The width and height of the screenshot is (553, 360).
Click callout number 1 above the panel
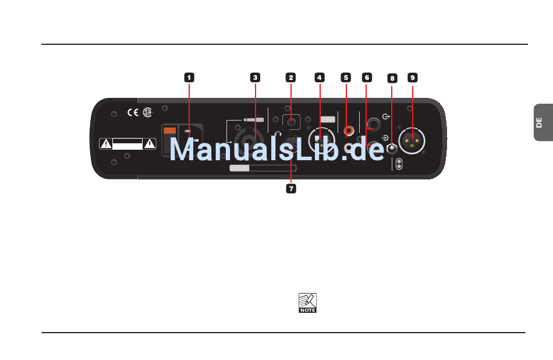pyautogui.click(x=189, y=77)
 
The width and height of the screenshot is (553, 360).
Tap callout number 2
pyautogui.click(x=290, y=77)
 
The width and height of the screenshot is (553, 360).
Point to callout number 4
pyautogui.click(x=319, y=77)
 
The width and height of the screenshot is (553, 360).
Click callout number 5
pyautogui.click(x=346, y=77)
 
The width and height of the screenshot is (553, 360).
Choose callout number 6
pyautogui.click(x=366, y=77)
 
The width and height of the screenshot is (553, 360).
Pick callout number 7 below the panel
pyautogui.click(x=290, y=189)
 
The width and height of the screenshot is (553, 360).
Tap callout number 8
pyautogui.click(x=392, y=78)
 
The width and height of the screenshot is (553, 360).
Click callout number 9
pyautogui.click(x=412, y=77)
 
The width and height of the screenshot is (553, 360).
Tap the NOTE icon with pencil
pyautogui.click(x=307, y=303)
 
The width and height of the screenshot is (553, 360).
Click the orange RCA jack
pyautogui.click(x=349, y=130)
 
